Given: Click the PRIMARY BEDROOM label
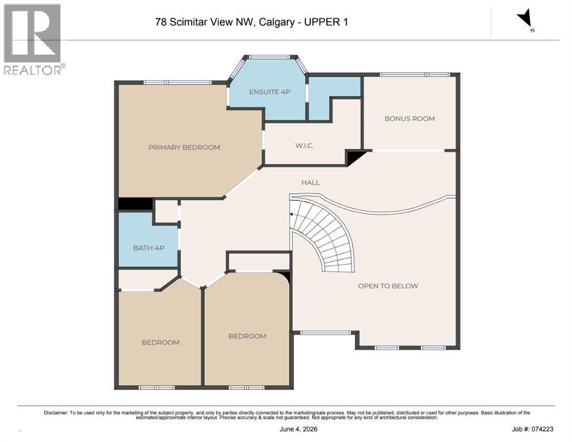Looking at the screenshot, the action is click(x=184, y=147).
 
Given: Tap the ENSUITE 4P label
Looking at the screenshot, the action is click(x=270, y=92).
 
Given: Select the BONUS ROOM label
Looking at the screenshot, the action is click(x=410, y=119).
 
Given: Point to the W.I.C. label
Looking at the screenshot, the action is click(x=305, y=146).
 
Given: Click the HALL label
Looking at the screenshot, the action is click(x=310, y=182).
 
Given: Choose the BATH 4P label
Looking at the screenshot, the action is click(x=148, y=247).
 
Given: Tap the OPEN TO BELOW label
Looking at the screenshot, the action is click(x=388, y=285).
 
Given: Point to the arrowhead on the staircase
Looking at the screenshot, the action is click(x=291, y=215).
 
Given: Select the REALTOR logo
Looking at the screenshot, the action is click(x=33, y=39).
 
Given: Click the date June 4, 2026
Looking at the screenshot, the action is click(x=298, y=429).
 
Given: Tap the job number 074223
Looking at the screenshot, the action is click(x=543, y=429).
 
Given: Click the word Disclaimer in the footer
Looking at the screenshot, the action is click(x=56, y=413).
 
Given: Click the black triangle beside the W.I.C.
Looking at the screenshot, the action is click(x=354, y=157).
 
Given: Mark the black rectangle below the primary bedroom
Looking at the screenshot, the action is click(x=135, y=204).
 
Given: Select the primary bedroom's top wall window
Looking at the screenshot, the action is click(x=177, y=82).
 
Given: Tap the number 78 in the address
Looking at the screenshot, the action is click(x=160, y=22).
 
